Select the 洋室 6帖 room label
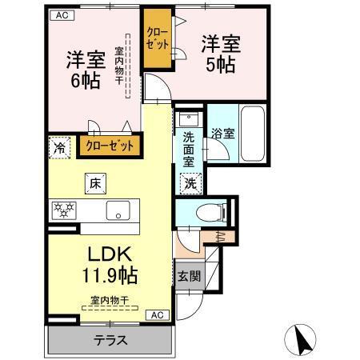point(82,70)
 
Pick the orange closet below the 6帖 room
point(110,146)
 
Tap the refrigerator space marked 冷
point(58,147)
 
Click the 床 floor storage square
point(94,184)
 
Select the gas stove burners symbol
point(64,211)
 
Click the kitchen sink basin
point(118,212)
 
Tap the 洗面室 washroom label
point(188,148)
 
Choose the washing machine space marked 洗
point(190,182)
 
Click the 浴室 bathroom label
point(222,134)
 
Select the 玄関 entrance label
point(188,278)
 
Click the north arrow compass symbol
point(303,338)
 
